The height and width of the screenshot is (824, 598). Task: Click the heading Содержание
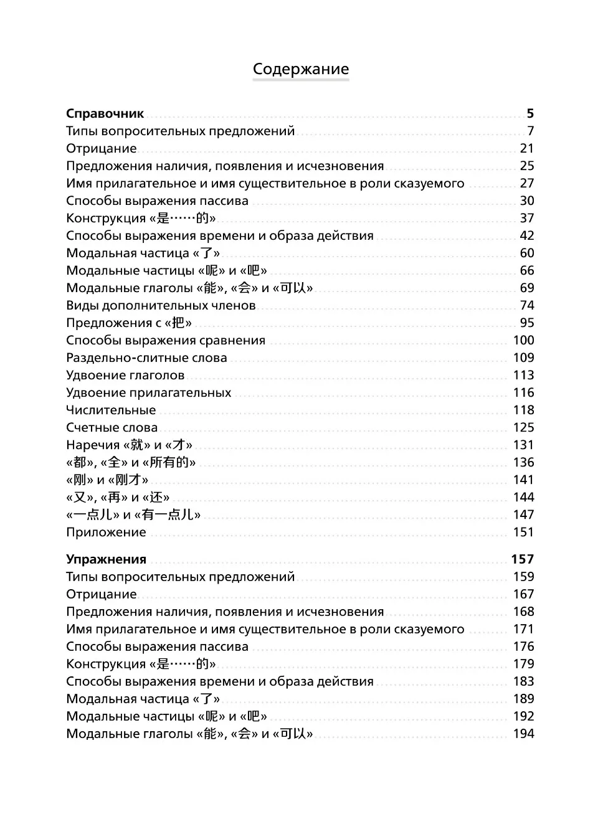(x=301, y=69)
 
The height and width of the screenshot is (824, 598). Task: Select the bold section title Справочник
(x=105, y=113)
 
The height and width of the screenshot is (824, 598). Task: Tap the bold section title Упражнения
(x=106, y=559)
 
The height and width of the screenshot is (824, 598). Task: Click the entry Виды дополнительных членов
(x=161, y=305)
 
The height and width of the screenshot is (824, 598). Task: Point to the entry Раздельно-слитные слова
(x=146, y=358)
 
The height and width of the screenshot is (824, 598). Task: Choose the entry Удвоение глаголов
(x=125, y=375)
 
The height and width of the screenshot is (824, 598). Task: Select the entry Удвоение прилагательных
(x=148, y=392)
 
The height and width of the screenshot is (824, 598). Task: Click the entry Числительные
(x=111, y=410)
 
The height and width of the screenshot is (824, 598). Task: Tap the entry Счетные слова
(x=112, y=427)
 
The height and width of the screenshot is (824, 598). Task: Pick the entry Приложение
(x=106, y=532)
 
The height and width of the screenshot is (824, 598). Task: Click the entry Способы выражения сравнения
(x=166, y=340)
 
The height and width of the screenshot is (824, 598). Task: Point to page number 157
(x=523, y=559)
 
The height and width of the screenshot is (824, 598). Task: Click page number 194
(x=523, y=734)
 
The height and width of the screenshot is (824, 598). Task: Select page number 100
(x=523, y=340)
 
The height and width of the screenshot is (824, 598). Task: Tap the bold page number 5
(x=530, y=113)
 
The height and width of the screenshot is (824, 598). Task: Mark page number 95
(x=527, y=323)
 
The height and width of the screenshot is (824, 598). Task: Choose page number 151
(x=523, y=532)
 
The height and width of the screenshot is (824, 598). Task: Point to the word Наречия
(x=93, y=445)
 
